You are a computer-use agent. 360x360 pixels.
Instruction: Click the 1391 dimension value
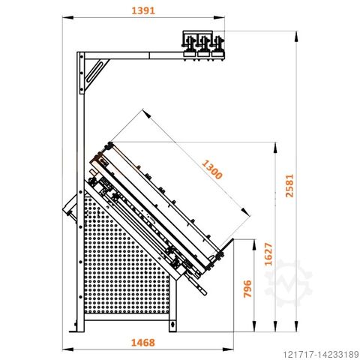[x=143, y=10]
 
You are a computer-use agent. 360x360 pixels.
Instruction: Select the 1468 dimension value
[x=143, y=343]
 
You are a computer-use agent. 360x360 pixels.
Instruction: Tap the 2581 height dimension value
[x=289, y=186]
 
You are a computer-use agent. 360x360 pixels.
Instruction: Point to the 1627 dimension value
[x=268, y=254]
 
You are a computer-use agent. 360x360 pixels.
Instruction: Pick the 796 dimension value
[x=247, y=289]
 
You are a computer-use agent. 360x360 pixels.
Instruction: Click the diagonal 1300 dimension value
[x=212, y=169]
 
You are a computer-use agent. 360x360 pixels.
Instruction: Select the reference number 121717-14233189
[x=321, y=354]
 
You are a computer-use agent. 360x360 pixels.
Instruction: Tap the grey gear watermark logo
[x=289, y=283]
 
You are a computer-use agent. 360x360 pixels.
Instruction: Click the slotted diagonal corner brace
[x=96, y=73]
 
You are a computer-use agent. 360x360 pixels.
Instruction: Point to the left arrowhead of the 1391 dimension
[x=67, y=17]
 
